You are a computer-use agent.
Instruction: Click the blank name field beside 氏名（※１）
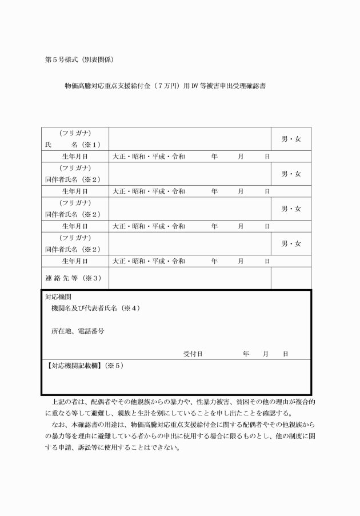tap(189, 139)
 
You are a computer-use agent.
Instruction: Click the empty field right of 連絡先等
tap(189, 278)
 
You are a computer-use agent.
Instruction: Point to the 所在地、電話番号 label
tap(78, 331)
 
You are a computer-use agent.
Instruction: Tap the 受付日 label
tap(193, 354)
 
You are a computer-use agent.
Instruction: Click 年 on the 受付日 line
tap(246, 354)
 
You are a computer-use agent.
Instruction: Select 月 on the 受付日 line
tap(266, 354)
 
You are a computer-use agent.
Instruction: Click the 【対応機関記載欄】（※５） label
tap(83, 365)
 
